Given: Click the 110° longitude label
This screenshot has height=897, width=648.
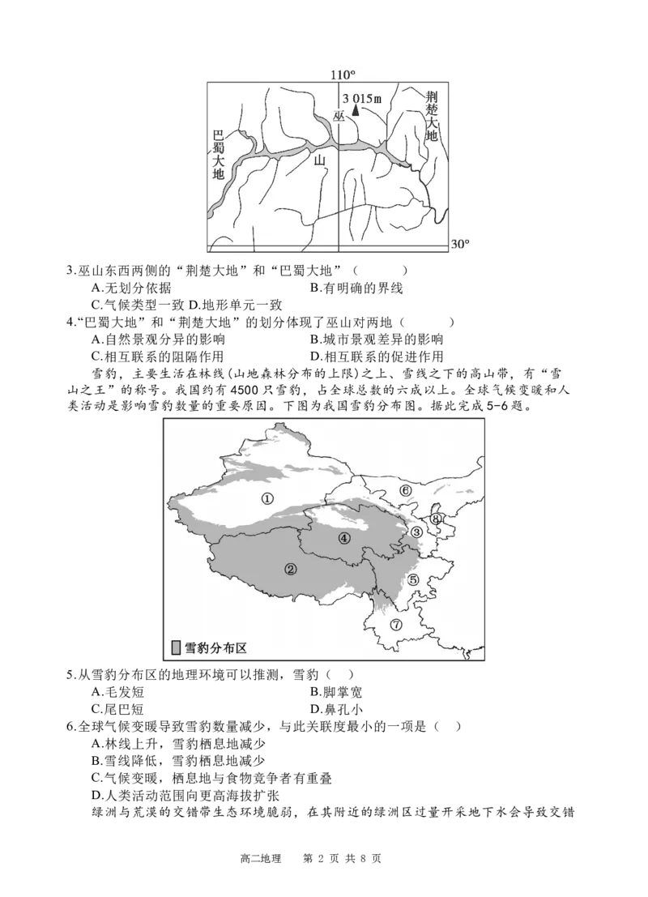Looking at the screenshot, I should click(343, 75).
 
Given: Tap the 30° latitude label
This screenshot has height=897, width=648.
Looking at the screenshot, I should click(460, 245).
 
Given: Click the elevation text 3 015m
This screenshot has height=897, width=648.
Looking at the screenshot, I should click(360, 98).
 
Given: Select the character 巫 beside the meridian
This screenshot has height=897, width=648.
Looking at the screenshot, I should click(339, 117).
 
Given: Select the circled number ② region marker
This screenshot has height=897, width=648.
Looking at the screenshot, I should click(290, 569).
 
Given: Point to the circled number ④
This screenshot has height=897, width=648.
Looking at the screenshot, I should click(343, 537).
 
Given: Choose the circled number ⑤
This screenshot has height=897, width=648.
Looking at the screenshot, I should click(413, 579).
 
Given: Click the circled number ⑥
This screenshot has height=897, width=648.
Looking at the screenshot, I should click(406, 490).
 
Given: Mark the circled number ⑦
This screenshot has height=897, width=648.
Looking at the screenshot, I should click(395, 624).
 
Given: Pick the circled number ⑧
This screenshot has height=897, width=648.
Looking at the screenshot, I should click(436, 519).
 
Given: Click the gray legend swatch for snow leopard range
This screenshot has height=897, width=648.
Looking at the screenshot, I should click(176, 647).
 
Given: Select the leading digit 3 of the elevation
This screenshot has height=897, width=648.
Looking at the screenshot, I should click(346, 98).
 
